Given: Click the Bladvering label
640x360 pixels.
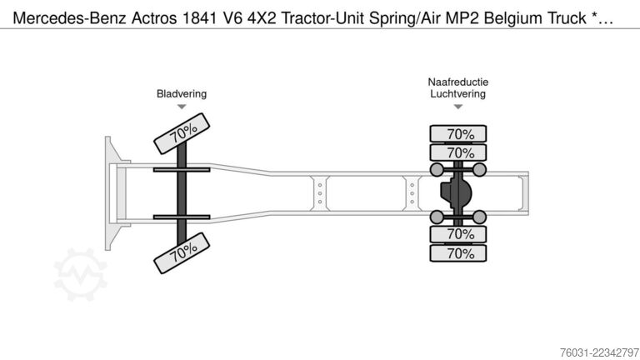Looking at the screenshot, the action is (182, 94).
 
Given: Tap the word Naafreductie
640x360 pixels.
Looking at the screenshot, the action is (458, 82).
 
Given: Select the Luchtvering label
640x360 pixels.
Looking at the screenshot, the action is (458, 94).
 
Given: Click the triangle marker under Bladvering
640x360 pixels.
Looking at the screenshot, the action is (182, 107).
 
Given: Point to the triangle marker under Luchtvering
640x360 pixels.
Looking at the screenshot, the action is (458, 107).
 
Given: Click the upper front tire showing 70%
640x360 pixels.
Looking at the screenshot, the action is (182, 133).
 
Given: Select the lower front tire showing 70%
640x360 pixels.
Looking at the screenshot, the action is (182, 253).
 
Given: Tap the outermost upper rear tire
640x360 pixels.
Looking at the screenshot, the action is (458, 134).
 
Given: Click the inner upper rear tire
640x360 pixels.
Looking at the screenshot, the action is (458, 152).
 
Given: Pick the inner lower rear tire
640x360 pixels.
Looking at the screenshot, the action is (458, 234).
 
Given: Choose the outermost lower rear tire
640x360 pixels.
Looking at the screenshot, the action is (458, 253).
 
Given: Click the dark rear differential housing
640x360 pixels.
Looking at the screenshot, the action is (457, 192).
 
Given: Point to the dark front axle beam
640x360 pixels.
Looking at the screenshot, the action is (182, 192).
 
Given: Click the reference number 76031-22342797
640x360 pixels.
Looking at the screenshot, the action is (599, 352).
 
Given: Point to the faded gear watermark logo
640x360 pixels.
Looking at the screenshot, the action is (80, 274).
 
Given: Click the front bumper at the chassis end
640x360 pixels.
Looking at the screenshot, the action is (108, 193).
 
